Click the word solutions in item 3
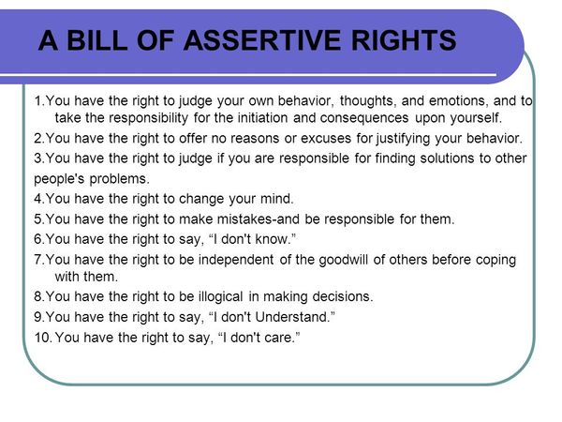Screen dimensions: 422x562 coord(421,158)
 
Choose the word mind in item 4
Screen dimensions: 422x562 coord(274,198)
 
